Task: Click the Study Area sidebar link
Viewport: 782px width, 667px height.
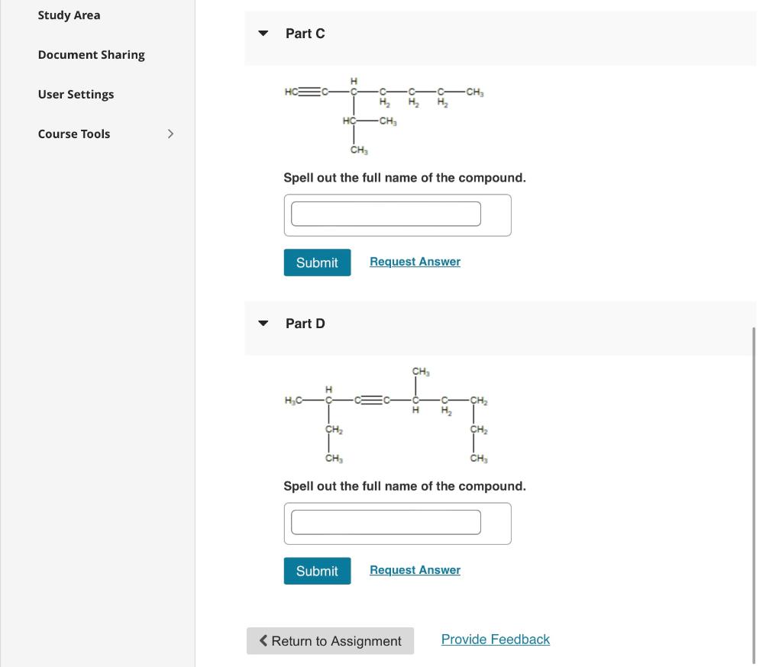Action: (x=69, y=15)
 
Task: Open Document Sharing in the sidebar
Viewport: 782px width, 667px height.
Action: (x=91, y=55)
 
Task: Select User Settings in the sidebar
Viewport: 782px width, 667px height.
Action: (x=76, y=95)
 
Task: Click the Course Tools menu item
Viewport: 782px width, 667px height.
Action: (x=74, y=134)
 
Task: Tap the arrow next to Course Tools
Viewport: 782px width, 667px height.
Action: (x=170, y=134)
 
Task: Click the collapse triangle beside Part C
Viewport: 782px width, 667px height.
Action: (x=263, y=34)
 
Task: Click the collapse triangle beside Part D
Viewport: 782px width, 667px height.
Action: (x=263, y=324)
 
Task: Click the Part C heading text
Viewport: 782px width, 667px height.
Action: (x=305, y=34)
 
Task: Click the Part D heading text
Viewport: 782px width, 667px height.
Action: (x=305, y=324)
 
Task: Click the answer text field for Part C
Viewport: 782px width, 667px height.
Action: (x=386, y=214)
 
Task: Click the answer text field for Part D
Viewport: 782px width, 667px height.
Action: (x=386, y=522)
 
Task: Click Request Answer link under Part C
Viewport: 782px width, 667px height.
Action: (x=415, y=262)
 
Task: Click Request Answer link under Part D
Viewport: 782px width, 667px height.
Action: (x=415, y=570)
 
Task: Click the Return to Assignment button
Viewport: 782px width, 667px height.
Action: (x=330, y=641)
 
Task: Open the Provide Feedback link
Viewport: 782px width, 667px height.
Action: (x=495, y=640)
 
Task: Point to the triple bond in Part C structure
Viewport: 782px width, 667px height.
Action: (x=309, y=92)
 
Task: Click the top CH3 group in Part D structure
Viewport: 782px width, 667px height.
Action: (x=421, y=372)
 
